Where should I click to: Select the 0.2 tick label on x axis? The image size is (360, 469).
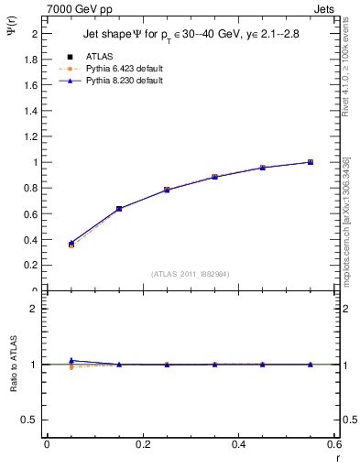(x=143, y=444)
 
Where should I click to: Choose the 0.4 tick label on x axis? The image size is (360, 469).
(x=239, y=444)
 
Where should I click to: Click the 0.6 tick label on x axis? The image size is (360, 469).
(x=335, y=444)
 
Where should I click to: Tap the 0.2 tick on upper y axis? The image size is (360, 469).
(x=33, y=266)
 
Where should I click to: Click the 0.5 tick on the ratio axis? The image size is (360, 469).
(x=33, y=420)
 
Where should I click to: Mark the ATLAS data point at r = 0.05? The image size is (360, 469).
(x=71, y=245)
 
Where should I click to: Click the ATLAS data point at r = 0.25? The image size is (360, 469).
(x=167, y=190)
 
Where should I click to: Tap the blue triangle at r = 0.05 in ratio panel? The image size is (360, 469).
(x=71, y=360)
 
